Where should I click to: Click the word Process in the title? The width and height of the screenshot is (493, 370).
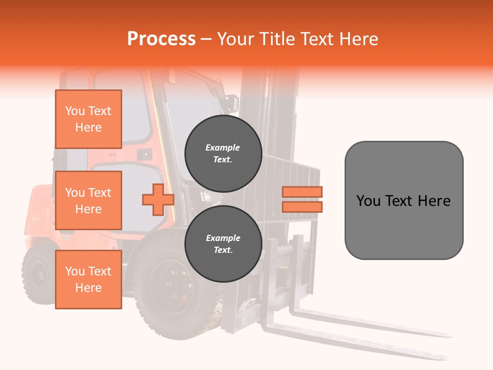161,39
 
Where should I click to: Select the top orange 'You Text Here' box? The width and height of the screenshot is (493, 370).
88,119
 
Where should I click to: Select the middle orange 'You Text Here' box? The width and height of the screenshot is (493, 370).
88,200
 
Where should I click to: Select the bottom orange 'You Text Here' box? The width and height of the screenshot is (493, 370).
88,280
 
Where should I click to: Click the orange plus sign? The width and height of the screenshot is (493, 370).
158,199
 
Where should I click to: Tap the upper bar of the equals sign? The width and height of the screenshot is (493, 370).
302,192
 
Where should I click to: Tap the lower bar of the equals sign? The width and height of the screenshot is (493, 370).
302,207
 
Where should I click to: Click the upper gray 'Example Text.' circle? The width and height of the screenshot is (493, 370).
223,153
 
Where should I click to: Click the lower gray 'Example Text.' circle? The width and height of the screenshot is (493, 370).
223,244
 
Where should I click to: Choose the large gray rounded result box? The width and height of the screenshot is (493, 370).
404,200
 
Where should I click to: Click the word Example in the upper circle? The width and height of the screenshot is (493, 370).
223,147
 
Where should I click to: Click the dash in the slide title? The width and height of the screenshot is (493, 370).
206,39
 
